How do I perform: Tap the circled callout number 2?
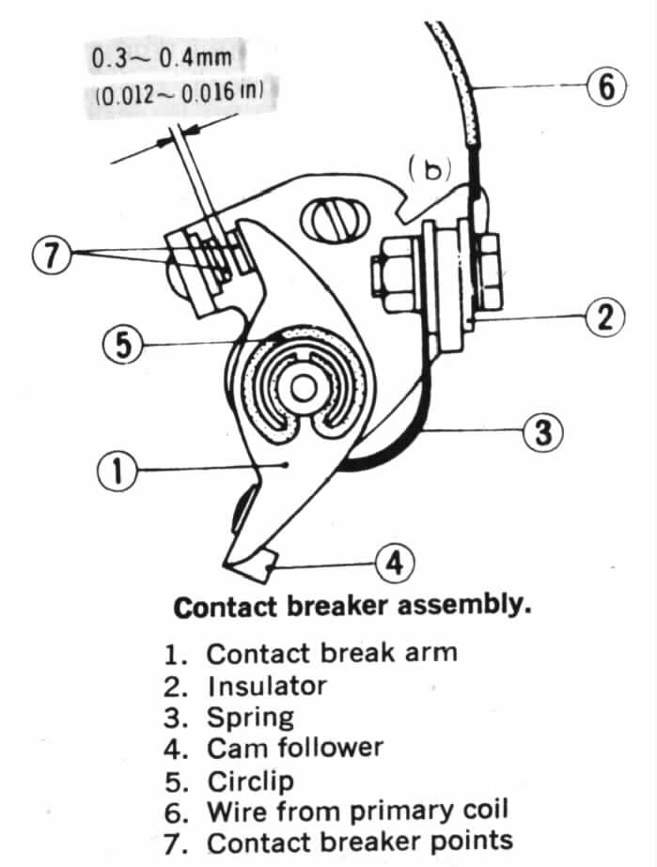pyautogui.click(x=604, y=317)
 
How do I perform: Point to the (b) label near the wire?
pyautogui.click(x=429, y=166)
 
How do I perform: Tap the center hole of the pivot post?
pyautogui.click(x=303, y=387)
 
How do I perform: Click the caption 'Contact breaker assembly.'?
pyautogui.click(x=352, y=606)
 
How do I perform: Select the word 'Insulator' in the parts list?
pyautogui.click(x=267, y=686)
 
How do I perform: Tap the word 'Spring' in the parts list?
pyautogui.click(x=250, y=718)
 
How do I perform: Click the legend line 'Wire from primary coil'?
pyautogui.click(x=363, y=811)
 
